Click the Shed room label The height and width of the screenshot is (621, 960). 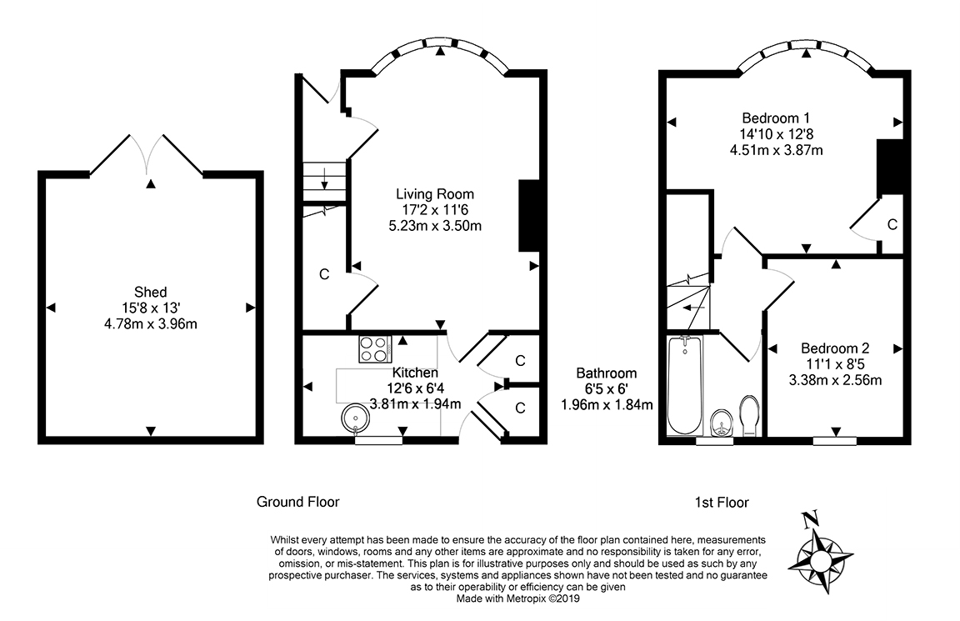coord(151,292)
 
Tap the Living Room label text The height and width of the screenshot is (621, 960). coord(435,194)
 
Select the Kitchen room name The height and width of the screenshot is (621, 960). coord(415,373)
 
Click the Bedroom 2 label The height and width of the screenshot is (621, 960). coord(835,348)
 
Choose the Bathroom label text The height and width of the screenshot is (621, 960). coord(606,373)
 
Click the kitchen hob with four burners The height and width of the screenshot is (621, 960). coord(375,350)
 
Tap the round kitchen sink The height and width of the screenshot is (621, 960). coord(354,418)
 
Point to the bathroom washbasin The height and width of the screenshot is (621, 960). coord(722,423)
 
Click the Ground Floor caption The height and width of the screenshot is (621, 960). coord(297,502)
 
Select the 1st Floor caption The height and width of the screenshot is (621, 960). coord(722,503)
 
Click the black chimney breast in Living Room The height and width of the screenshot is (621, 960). coord(528,216)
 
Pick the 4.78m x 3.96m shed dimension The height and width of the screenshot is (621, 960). coord(151,324)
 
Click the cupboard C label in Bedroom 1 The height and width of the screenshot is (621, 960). coord(892,225)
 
